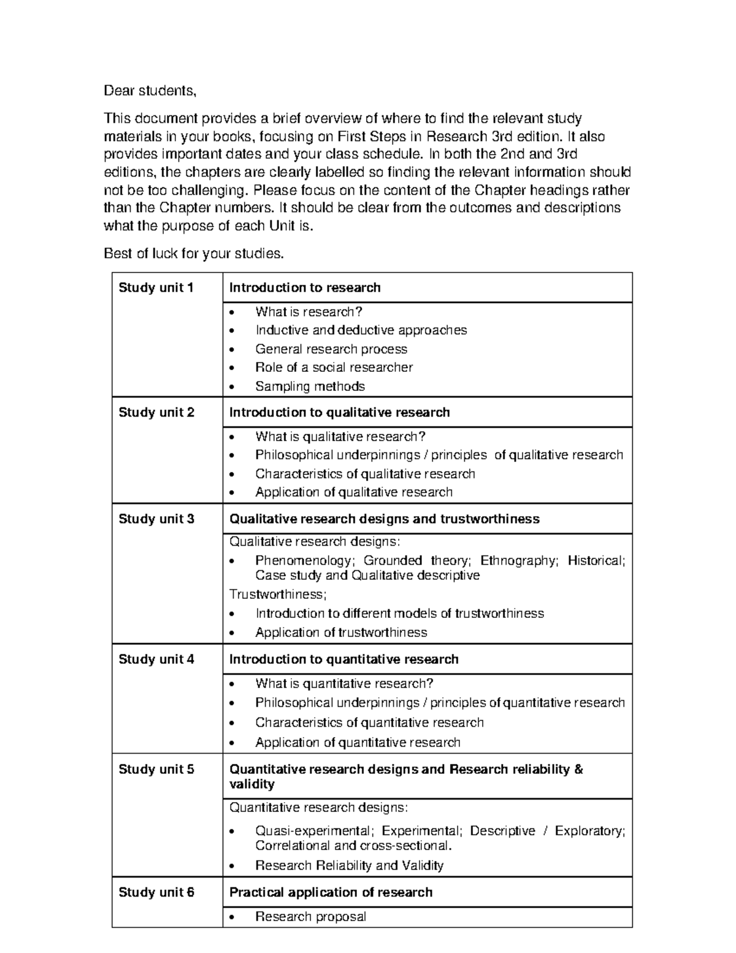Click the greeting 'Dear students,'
(150, 91)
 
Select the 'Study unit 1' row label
(156, 288)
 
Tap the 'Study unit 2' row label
(156, 412)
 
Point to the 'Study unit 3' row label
(156, 519)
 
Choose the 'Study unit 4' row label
(156, 660)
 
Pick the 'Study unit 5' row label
(156, 770)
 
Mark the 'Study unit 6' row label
(156, 892)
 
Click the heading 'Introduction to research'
(305, 288)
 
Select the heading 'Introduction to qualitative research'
(339, 412)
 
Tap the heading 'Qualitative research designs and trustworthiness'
(384, 519)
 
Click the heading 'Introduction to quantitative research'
(343, 660)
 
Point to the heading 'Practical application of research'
(331, 892)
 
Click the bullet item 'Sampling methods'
(310, 387)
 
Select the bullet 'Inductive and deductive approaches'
(361, 330)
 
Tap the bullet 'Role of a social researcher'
(334, 368)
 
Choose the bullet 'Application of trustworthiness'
(341, 633)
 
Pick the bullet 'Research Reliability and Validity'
(349, 866)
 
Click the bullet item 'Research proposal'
(310, 917)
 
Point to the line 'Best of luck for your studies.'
(194, 253)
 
